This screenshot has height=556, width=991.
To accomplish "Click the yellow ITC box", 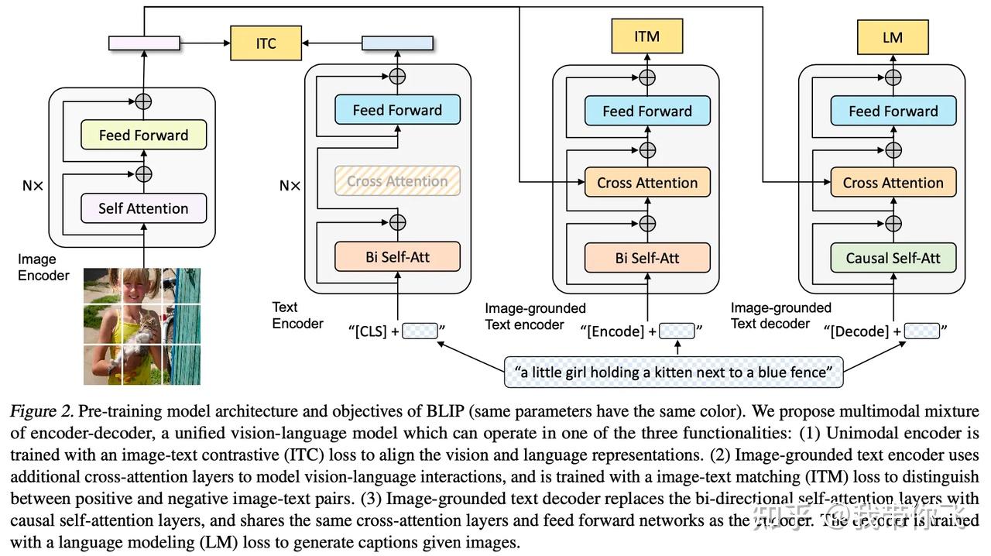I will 266,43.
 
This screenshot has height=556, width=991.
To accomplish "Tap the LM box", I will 892,36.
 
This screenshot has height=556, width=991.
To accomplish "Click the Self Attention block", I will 143,208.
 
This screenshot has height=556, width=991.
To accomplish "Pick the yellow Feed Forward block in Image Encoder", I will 143,136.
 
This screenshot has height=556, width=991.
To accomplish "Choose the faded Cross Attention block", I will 397,181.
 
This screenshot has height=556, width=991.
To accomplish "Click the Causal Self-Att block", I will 893,258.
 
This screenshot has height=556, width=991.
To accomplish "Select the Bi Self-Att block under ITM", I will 647,258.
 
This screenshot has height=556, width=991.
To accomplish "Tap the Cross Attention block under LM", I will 893,184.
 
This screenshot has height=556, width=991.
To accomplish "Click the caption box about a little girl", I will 673,372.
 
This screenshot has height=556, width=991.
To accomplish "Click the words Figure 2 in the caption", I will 41,411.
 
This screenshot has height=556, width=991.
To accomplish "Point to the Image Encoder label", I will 43,267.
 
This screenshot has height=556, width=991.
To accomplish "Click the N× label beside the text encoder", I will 290,186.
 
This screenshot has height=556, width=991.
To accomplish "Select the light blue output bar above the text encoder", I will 397,43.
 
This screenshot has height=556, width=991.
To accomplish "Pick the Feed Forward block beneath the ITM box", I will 647,111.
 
